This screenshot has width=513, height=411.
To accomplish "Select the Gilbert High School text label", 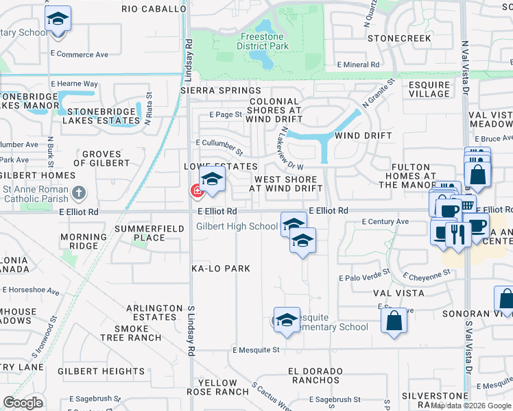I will point(237,226).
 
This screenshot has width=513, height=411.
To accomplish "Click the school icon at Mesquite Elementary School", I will point(286,319).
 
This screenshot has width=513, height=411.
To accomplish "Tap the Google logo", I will point(23,403).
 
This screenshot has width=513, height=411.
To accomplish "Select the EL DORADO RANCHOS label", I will point(315,375).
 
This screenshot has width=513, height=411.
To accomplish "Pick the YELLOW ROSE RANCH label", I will point(222,387).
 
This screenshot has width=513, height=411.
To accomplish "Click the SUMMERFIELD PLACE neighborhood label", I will point(140,232).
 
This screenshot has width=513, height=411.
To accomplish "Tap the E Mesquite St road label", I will point(256,349).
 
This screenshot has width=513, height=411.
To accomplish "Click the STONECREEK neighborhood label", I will point(399,38).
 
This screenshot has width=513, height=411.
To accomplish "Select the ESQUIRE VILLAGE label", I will point(429,90).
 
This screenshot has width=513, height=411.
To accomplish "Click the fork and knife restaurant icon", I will point(457,234).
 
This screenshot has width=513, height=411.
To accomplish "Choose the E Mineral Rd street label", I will point(358,65).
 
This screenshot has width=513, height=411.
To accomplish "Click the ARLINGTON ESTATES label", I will point(146,312).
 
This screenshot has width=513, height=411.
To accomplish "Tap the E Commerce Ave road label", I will point(80,54).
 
